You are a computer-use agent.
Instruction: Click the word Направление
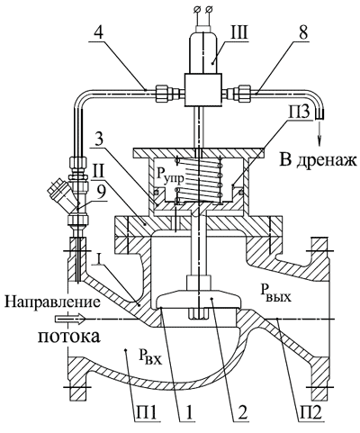pos(52,302)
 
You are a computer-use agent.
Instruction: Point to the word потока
pos(68,337)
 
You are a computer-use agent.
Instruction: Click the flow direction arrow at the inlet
pos(70,319)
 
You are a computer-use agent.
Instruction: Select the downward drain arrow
pos(320,136)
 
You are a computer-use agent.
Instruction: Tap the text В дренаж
pos(319,160)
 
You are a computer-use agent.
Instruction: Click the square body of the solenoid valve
pos(203,89)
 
